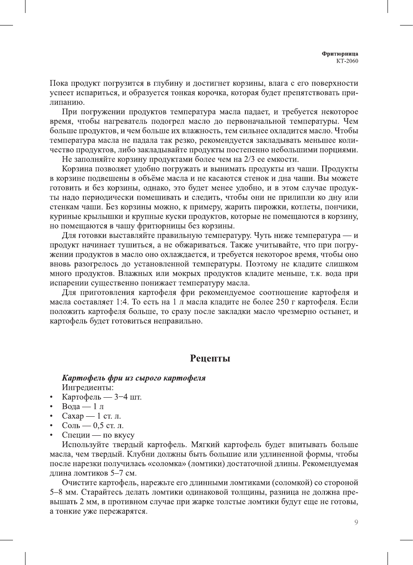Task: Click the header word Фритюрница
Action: [x=340, y=54]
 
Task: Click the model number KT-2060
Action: [x=347, y=61]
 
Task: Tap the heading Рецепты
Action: [x=210, y=358]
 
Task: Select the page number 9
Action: [x=356, y=522]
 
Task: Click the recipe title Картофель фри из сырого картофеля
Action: [x=133, y=378]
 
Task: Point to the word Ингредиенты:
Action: [x=88, y=387]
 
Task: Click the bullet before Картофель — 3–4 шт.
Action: [x=51, y=397]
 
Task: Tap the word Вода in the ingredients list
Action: [x=71, y=406]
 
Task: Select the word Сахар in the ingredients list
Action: [x=73, y=416]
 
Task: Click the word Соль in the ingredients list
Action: [x=71, y=425]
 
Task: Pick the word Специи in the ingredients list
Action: [x=76, y=435]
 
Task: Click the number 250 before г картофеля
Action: [x=283, y=302]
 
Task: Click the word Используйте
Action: [x=83, y=445]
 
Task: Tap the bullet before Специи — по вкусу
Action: [x=51, y=435]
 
